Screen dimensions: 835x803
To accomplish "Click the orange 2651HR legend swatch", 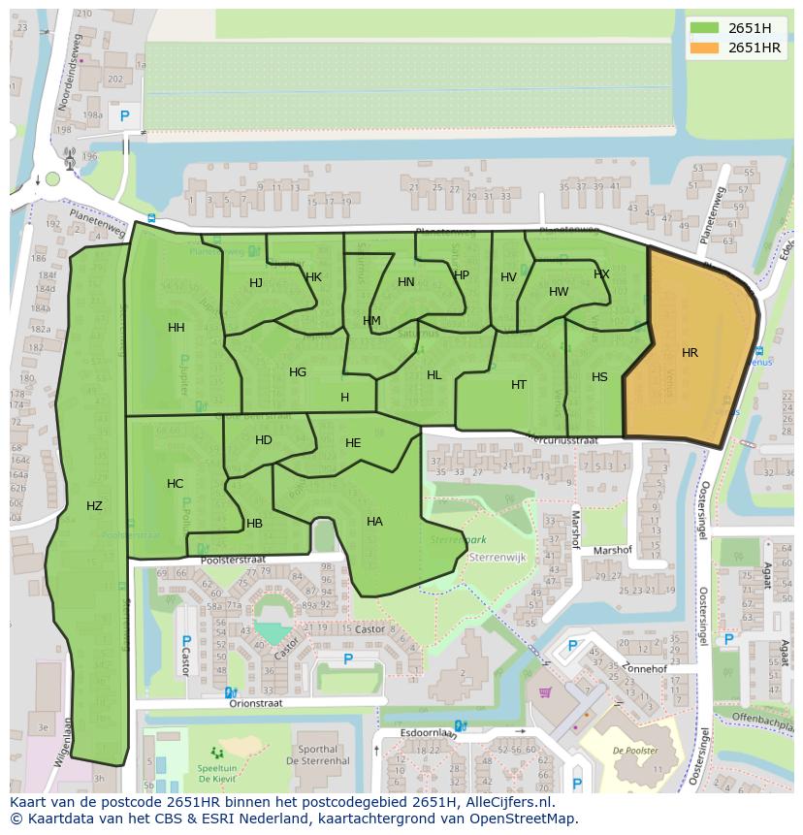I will (x=705, y=48).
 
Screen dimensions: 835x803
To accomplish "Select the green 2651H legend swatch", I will (x=705, y=28).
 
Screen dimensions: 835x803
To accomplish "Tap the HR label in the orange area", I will (x=690, y=353).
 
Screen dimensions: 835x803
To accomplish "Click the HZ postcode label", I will (x=94, y=505).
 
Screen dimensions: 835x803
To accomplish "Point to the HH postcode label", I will (x=176, y=328).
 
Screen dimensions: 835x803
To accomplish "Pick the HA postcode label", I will (x=374, y=522).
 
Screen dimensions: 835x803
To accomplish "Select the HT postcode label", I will (x=519, y=385).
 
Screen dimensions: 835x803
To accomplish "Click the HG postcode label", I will (x=298, y=372).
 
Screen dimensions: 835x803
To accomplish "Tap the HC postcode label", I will (x=175, y=484).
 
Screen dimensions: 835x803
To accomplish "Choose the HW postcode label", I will (x=559, y=292).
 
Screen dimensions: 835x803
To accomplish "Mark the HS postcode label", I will (x=599, y=377).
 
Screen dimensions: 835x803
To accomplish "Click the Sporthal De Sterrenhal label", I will (x=318, y=756).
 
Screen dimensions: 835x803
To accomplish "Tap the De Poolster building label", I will (x=635, y=751).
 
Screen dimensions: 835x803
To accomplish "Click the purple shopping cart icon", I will (x=545, y=692).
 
